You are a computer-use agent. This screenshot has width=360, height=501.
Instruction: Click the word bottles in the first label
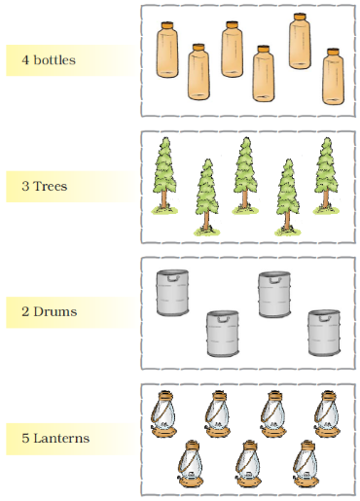54,60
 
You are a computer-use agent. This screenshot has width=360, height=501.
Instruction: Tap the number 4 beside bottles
25,60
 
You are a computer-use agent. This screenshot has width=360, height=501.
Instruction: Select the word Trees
51,186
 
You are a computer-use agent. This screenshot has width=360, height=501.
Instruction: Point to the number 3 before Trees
25,186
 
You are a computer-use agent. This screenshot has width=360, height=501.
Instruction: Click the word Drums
55,311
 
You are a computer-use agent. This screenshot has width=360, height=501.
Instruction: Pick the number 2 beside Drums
25,311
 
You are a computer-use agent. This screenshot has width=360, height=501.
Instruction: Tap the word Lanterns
61,438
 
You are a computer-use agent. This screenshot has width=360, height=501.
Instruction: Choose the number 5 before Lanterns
25,438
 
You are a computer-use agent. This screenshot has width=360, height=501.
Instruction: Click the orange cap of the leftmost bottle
167,25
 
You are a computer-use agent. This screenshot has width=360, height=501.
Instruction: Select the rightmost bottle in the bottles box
333,77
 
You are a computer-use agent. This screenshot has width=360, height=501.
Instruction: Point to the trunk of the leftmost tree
164,199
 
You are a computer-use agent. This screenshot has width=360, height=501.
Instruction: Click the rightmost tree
326,175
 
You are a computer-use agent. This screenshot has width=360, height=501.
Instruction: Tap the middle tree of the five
245,175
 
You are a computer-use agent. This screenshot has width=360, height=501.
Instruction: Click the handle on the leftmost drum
173,278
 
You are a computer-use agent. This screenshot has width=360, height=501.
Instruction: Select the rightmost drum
324,333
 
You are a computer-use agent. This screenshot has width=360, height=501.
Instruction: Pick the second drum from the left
223,334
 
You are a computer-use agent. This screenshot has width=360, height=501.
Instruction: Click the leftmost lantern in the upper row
164,414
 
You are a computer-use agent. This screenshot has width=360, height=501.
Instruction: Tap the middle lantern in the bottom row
248,464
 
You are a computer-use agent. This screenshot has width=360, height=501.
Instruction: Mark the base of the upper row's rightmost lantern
328,432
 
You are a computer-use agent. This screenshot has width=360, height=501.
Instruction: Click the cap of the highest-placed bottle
300,17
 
